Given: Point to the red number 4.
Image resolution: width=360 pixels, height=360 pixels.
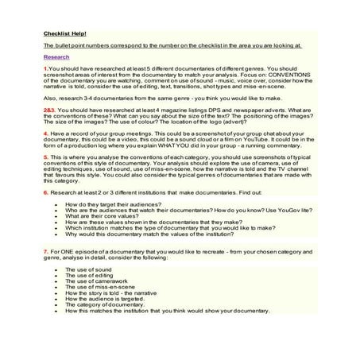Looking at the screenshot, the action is point(45,134).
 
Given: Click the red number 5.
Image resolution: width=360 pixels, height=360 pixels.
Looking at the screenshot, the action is point(45,161).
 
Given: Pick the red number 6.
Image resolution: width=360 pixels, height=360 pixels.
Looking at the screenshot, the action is point(45,193).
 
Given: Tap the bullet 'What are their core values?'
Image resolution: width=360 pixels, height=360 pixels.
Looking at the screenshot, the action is point(102,216).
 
